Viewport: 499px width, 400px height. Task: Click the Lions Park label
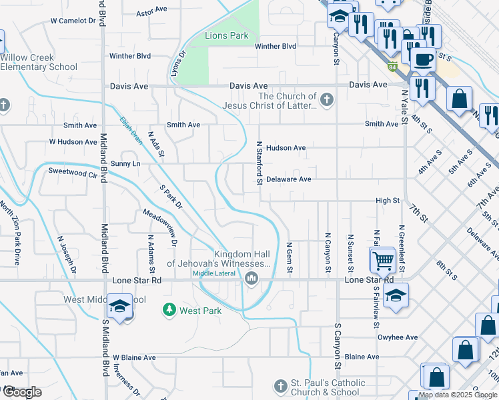227,35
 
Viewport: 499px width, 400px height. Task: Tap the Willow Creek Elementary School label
39,62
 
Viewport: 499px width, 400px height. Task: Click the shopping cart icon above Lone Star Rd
383,259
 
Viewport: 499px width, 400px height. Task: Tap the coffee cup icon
422,60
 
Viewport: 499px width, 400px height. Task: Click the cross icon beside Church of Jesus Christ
326,101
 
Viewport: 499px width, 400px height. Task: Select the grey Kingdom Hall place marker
252,278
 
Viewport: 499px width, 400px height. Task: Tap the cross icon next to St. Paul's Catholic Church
280,387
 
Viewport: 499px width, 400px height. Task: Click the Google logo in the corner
21,392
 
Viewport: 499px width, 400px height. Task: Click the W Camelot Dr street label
73,21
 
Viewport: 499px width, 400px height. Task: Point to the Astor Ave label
151,11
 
